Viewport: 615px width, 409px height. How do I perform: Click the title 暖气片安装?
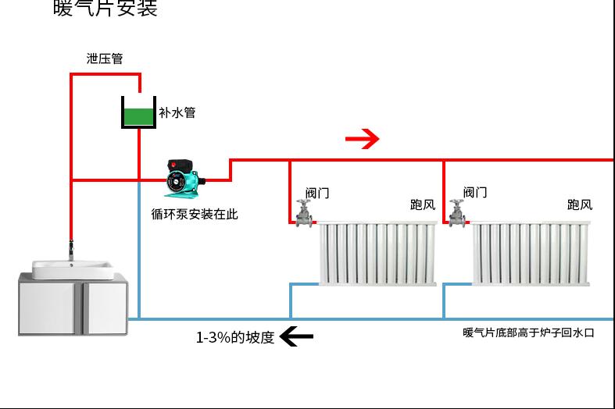tap(105, 9)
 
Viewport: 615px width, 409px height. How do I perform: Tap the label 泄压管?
tap(104, 59)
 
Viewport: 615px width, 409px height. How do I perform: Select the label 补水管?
tap(177, 112)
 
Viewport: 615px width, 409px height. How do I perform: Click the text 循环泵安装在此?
tap(194, 213)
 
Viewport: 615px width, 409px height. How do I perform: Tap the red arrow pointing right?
tap(362, 140)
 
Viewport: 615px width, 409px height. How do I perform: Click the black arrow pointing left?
tap(296, 336)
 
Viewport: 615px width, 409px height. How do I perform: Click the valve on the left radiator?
tap(303, 213)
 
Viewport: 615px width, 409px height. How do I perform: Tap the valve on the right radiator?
tap(456, 213)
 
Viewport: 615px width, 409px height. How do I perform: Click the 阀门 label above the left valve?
tap(316, 193)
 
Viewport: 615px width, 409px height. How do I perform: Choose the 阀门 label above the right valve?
tap(474, 192)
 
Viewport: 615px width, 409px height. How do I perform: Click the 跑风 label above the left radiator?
tap(422, 204)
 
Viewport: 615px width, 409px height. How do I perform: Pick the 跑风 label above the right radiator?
tap(579, 204)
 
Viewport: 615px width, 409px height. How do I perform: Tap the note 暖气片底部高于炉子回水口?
tap(528, 333)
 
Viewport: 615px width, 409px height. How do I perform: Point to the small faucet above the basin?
tap(71, 250)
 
